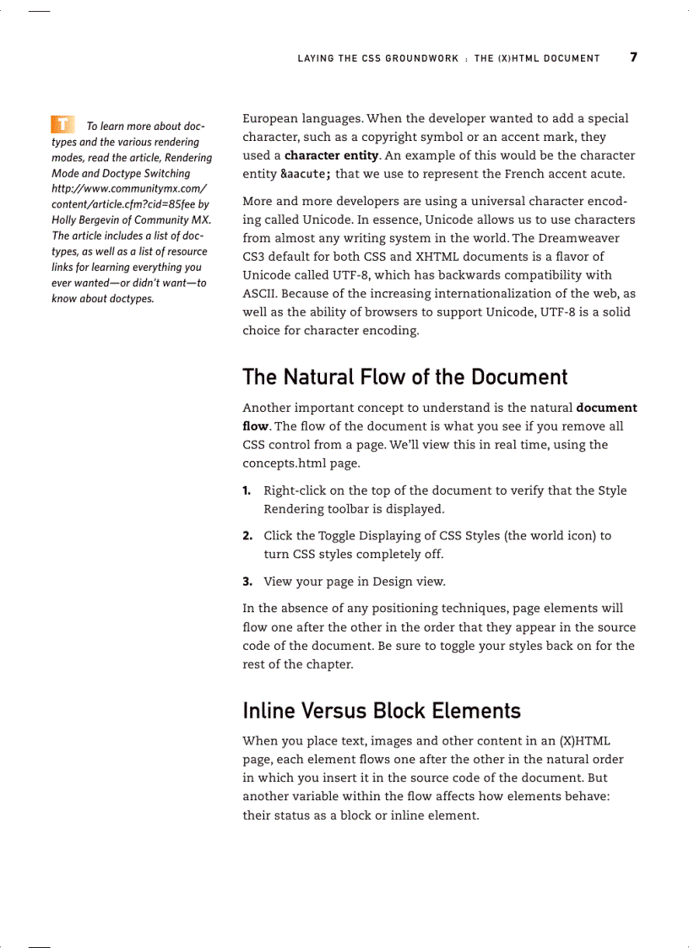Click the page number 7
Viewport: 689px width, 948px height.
point(633,57)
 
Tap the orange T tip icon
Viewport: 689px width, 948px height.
point(62,124)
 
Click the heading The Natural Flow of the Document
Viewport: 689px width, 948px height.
point(405,376)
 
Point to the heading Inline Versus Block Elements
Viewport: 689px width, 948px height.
point(382,710)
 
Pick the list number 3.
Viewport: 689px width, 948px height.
point(247,581)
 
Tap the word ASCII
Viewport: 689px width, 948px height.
point(259,294)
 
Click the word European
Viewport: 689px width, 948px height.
point(272,119)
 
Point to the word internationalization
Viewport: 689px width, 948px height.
point(490,294)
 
